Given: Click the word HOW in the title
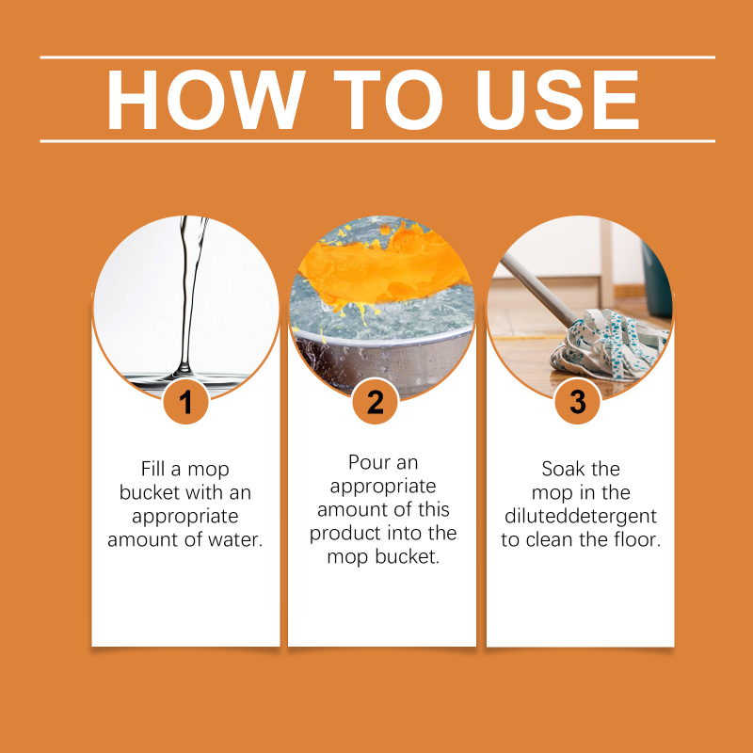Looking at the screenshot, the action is [x=206, y=100].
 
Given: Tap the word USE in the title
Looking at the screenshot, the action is [x=557, y=100].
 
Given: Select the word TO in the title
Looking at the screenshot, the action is [x=388, y=100].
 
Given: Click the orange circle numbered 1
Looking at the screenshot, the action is [x=185, y=401].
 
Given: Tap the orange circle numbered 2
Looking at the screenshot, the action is [x=375, y=401].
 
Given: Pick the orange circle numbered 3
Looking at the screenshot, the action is [x=578, y=401].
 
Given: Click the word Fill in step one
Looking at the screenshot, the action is [x=152, y=469].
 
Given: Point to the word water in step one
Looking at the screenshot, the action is [x=235, y=539].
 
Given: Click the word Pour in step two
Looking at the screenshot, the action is [x=368, y=462].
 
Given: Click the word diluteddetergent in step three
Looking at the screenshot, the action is [x=581, y=517].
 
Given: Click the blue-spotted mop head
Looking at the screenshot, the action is [x=610, y=344].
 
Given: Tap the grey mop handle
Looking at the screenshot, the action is [x=537, y=290].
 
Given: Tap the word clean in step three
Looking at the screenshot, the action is [x=551, y=539].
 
